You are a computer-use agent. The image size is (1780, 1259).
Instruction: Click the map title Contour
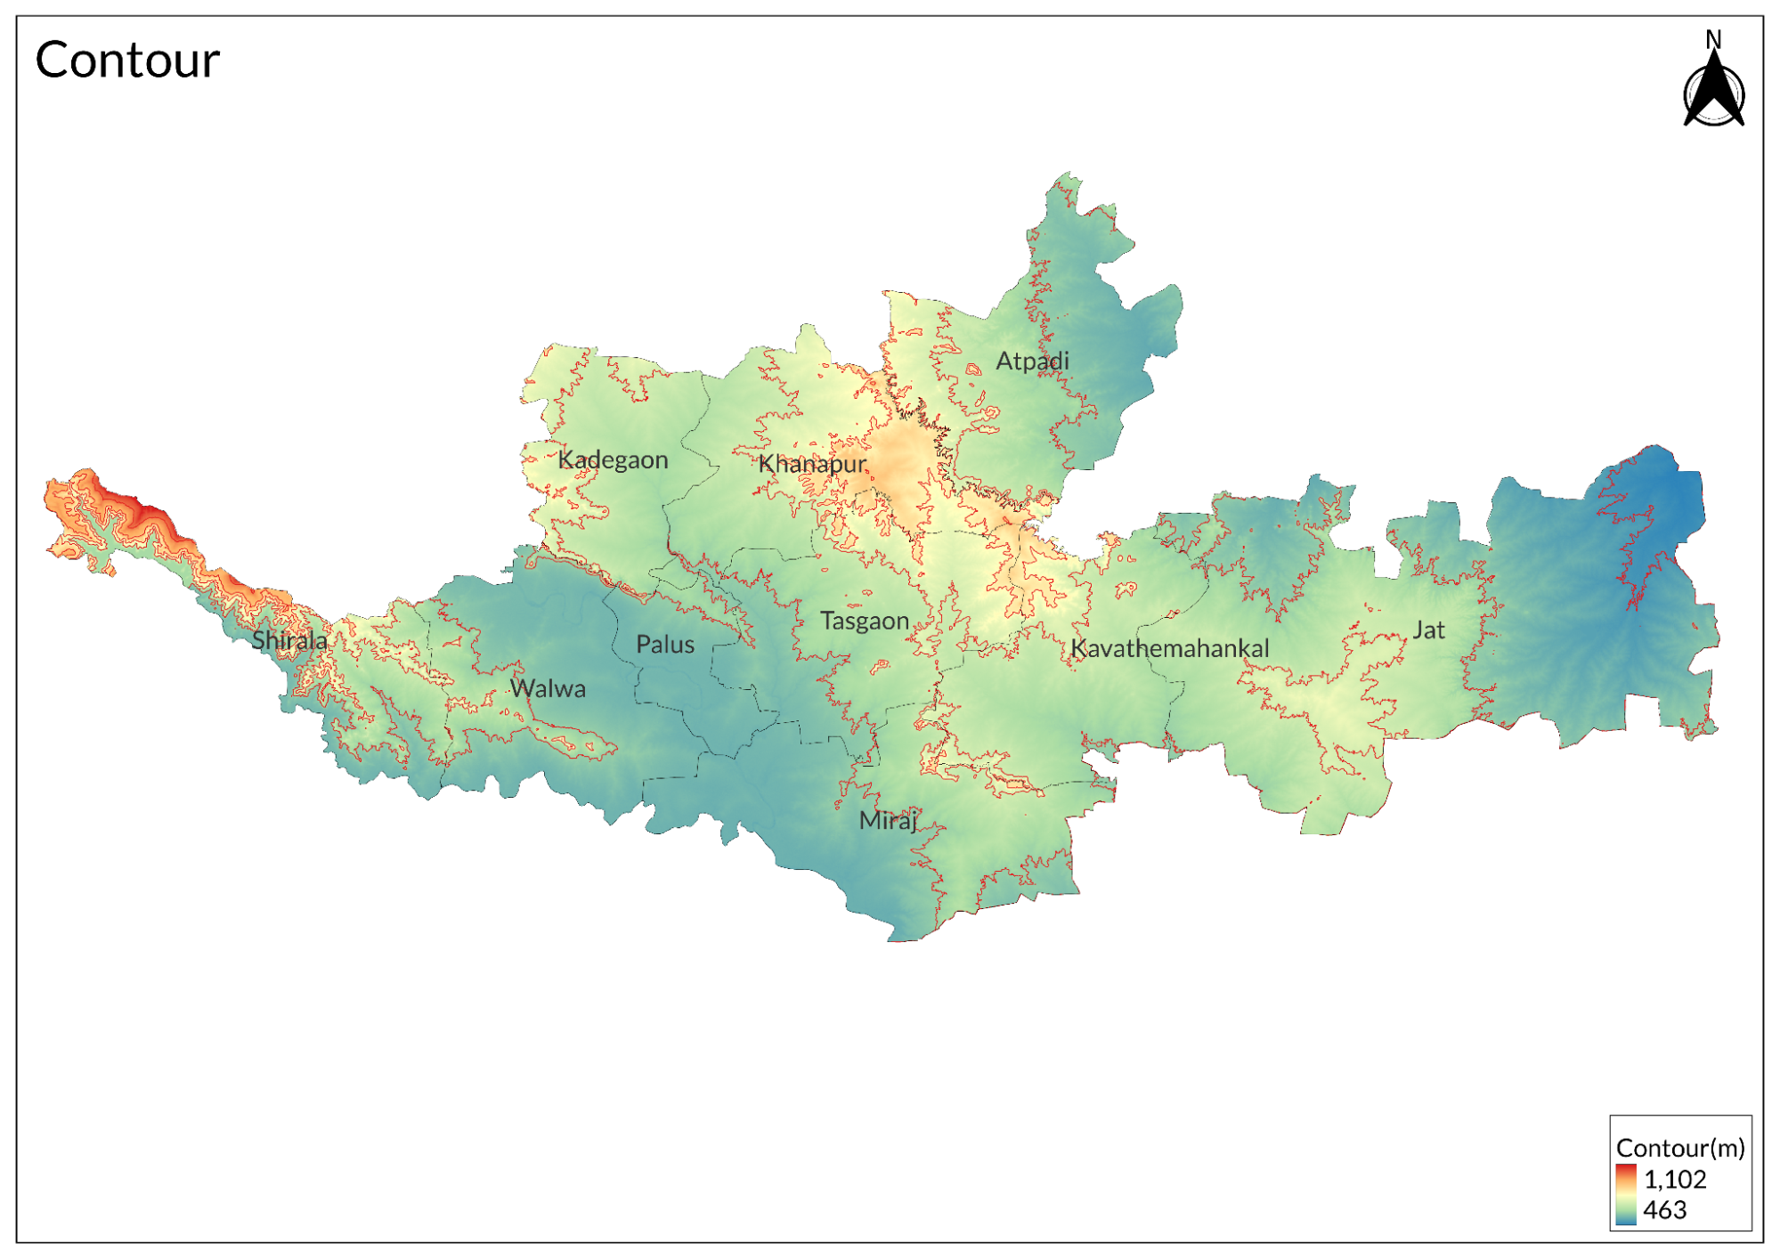pos(127,61)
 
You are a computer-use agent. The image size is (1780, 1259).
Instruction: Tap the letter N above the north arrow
pos(1713,39)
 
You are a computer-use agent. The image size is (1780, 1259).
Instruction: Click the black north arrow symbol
pos(1713,93)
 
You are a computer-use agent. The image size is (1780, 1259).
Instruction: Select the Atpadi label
pos(1032,361)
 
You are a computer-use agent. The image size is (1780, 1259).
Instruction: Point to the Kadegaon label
pos(613,460)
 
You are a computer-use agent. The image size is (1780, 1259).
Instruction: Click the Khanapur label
pos(811,464)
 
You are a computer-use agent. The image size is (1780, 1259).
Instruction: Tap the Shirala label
pos(289,640)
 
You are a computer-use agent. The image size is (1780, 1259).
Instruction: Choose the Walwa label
pos(548,688)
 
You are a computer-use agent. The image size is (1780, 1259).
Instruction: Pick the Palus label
pos(665,645)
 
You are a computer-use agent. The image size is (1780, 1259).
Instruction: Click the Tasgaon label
pos(864,621)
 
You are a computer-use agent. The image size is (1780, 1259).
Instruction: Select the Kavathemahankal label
pos(1169,648)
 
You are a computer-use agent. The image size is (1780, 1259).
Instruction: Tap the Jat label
pos(1428,630)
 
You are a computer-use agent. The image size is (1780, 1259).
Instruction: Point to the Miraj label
pos(887,820)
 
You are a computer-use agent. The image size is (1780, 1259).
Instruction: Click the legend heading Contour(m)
pos(1679,1148)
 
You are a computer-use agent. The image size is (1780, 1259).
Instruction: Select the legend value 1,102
pos(1675,1179)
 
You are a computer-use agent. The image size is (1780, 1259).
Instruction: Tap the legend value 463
pos(1665,1210)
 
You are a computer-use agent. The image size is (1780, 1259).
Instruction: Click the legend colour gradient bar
pos(1626,1194)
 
